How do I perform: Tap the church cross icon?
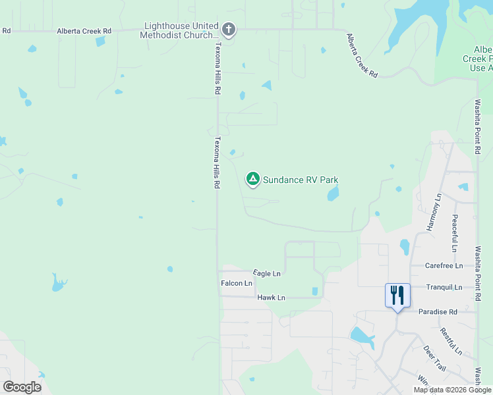[229, 29]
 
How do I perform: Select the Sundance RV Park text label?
[301, 179]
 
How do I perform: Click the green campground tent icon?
[252, 178]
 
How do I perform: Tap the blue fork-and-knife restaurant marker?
[397, 294]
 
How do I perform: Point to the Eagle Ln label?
[267, 273]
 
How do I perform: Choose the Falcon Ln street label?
[237, 283]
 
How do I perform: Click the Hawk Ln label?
[271, 298]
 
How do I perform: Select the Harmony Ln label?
[433, 212]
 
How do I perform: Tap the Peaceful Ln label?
[455, 232]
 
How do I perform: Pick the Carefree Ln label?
[444, 266]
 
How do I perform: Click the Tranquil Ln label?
[444, 287]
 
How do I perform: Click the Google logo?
[22, 387]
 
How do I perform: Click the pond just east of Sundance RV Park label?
[333, 193]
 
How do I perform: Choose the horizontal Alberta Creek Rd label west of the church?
[84, 31]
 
